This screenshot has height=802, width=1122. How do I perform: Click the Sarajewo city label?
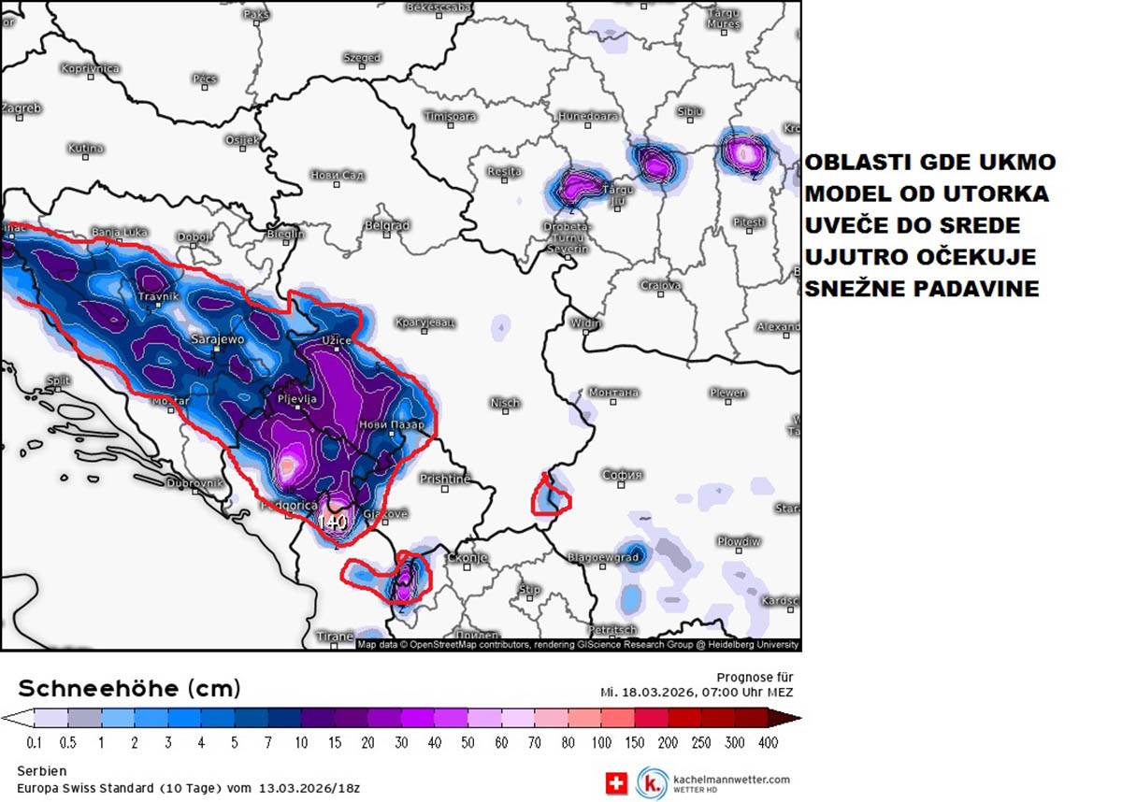[x=218, y=339]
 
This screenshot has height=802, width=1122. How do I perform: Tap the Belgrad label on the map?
[x=387, y=226]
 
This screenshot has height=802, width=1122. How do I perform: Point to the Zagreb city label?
[x=21, y=108]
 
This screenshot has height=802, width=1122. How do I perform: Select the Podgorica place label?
[x=288, y=505]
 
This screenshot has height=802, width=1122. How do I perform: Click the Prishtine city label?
[x=445, y=479]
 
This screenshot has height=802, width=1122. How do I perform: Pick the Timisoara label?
[x=450, y=117]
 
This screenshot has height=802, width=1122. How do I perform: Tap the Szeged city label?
[x=362, y=58]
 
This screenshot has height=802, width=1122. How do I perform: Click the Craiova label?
[x=660, y=285]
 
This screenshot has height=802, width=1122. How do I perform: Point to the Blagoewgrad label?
[x=603, y=557]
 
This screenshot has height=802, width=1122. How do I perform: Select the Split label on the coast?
[x=58, y=380]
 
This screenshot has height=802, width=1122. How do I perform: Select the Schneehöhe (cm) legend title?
[x=129, y=689]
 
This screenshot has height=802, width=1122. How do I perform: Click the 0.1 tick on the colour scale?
[x=35, y=743]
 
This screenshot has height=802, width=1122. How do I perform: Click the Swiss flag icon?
[x=615, y=783]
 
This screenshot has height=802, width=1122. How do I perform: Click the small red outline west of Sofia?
[x=550, y=495]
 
